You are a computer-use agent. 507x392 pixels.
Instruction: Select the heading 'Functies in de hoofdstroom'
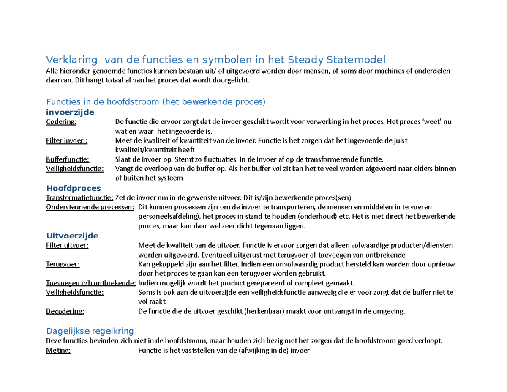click(102, 102)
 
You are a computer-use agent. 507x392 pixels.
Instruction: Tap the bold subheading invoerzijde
click(70, 112)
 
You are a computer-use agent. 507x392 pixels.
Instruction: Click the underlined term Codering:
click(61, 122)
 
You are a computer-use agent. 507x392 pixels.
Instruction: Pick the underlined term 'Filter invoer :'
click(67, 141)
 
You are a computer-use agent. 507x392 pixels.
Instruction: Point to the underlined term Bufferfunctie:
click(68, 159)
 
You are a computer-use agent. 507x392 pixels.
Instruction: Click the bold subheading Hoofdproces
click(73, 188)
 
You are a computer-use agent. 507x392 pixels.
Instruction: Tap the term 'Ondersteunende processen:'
click(90, 207)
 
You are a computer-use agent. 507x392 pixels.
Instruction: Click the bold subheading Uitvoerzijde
click(72, 235)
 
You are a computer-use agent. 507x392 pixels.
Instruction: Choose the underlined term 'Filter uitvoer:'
click(67, 245)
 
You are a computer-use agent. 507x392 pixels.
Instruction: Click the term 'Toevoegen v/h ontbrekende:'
click(91, 283)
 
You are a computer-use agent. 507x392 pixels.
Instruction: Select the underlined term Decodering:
click(65, 311)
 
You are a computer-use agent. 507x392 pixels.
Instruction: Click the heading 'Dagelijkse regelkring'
click(90, 330)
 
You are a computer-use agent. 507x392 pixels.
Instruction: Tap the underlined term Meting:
click(58, 350)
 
